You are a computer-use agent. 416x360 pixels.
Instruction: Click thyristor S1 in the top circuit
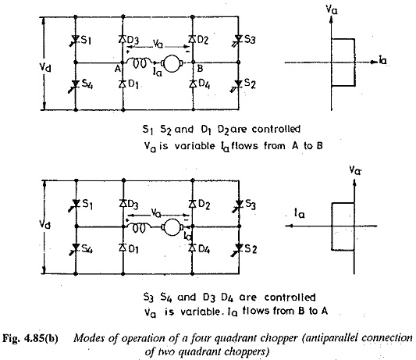coord(76,40)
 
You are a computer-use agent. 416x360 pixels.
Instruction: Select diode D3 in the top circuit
coord(123,39)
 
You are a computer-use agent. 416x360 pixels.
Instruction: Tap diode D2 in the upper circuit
coord(193,39)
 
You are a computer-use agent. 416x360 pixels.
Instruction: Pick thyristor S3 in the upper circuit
coord(238,40)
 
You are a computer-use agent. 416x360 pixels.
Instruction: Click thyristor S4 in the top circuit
coord(76,85)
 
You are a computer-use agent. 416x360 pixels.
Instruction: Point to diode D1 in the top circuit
coord(123,84)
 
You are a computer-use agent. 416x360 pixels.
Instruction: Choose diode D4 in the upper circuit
coord(193,84)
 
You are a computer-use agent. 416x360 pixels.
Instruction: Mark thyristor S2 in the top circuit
coord(238,84)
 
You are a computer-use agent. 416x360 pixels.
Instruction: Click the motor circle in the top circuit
coord(172,63)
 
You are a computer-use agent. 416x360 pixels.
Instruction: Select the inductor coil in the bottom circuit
coord(139,227)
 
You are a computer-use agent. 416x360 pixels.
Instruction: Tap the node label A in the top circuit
coord(118,69)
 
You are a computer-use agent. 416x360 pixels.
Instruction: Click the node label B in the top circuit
coord(200,69)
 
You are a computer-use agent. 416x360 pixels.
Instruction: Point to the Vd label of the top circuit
coord(45,67)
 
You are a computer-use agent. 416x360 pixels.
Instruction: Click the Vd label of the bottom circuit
coord(44,225)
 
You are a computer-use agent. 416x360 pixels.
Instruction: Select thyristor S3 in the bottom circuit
coord(239,205)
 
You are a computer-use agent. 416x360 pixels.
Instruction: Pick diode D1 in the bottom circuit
coord(123,248)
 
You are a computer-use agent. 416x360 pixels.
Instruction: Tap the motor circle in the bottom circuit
coord(172,227)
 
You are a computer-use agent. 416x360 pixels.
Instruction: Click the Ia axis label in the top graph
coord(382,61)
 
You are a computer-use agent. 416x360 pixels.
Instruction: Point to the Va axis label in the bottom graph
coord(355,170)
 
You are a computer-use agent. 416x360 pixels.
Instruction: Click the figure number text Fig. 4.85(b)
coord(30,339)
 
